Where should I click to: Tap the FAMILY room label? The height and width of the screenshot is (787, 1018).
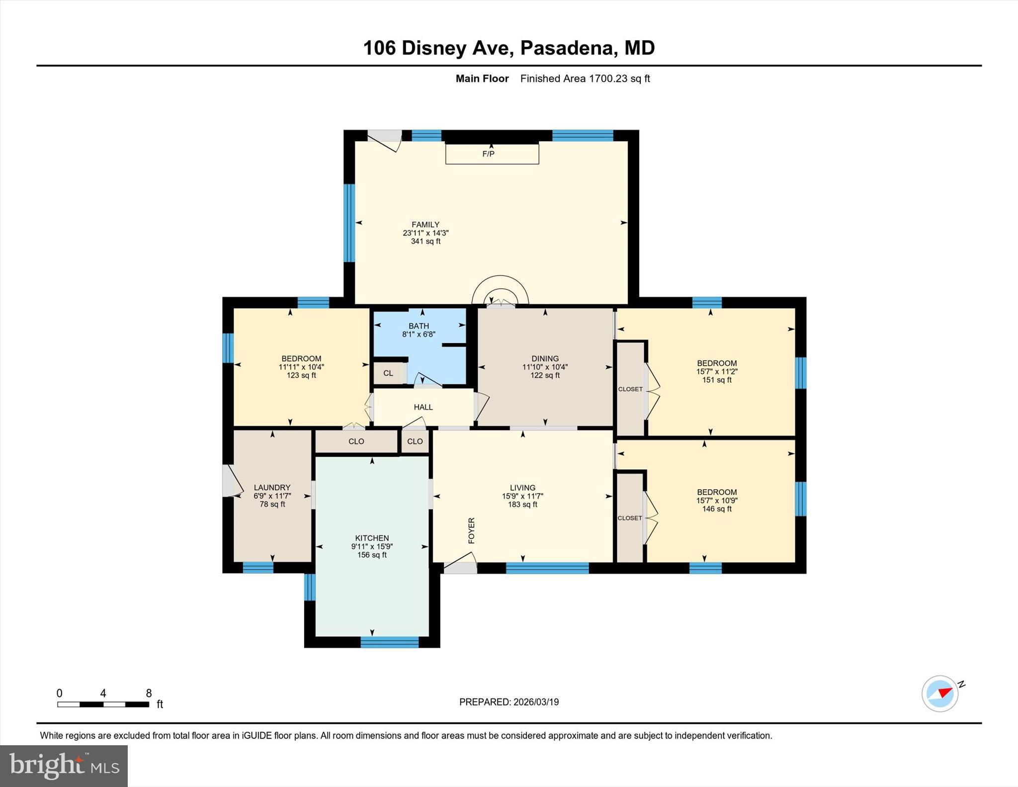425,225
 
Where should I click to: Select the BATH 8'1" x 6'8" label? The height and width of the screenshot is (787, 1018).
419,330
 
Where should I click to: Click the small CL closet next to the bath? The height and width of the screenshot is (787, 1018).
388,373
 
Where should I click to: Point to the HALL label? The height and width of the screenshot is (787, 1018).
423,407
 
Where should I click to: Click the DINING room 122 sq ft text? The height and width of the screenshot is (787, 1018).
545,375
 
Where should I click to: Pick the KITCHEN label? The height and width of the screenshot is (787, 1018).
372,538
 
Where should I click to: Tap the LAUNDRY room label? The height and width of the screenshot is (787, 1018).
272,488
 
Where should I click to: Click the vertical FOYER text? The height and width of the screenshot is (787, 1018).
472,530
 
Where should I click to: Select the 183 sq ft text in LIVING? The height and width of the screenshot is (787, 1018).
522,504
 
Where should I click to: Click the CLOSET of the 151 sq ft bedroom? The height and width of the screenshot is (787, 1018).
630,389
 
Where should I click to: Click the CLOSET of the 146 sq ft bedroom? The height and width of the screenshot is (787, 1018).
630,518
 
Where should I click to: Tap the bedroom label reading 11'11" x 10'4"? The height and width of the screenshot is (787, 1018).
301,367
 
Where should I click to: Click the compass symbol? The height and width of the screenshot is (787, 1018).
940,694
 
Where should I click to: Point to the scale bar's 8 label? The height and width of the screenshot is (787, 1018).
149,693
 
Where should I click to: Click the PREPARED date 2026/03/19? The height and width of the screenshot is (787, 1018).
509,702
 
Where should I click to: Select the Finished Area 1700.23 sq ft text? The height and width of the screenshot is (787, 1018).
585,79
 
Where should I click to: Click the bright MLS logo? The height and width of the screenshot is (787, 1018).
64,766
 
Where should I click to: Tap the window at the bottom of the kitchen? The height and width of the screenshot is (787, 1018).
389,642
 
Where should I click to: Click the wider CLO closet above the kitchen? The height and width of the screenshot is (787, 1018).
356,441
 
